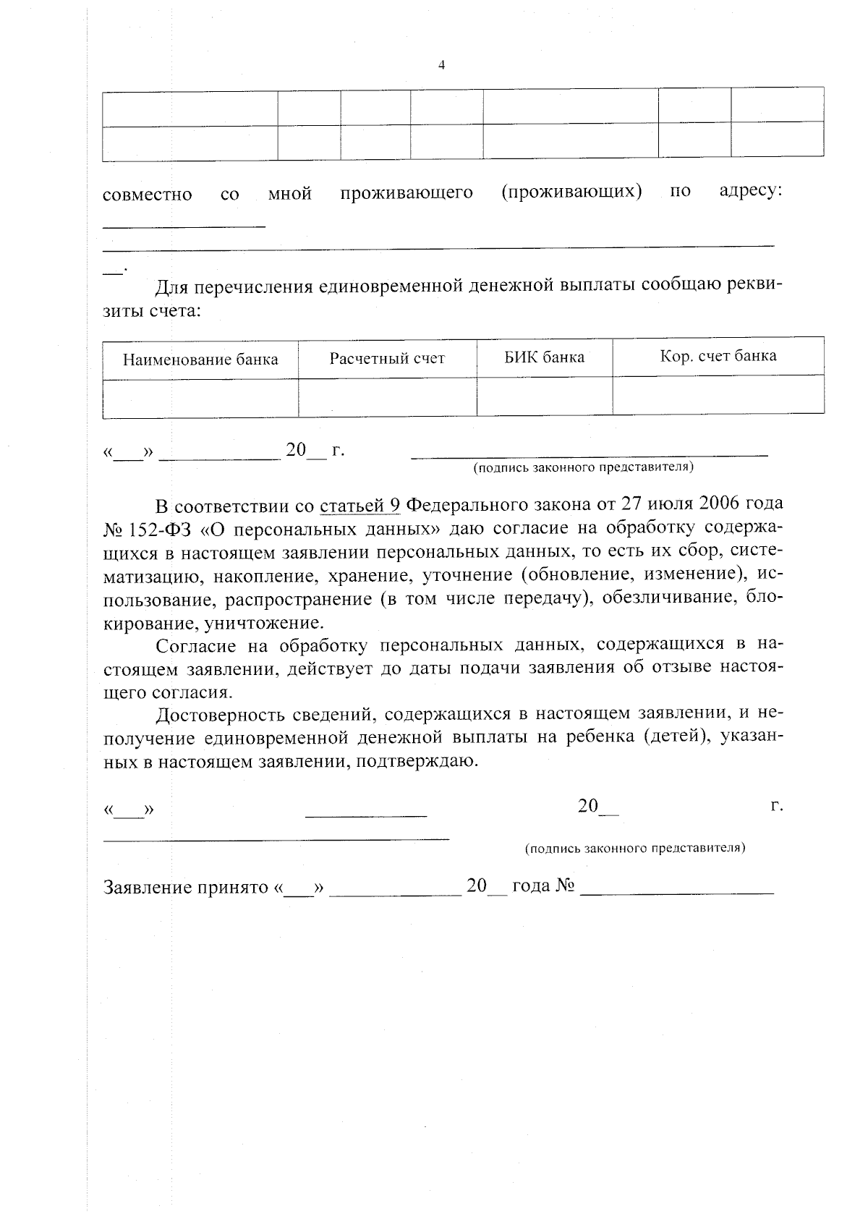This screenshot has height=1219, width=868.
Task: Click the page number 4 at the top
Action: pos(441,65)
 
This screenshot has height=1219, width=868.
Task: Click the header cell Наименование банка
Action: pos(200,360)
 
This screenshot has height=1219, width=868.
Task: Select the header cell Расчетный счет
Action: pos(387,359)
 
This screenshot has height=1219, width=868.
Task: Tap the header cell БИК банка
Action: pos(544,357)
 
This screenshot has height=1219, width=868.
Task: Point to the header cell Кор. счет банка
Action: pos(718,356)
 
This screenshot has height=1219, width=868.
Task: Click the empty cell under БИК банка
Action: pos(544,396)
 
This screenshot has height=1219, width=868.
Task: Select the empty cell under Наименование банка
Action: pos(200,398)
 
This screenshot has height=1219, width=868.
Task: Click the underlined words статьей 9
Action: pos(359,504)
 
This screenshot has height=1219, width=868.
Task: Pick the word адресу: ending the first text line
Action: pos(751,192)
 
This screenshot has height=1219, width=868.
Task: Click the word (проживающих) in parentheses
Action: pos(571,192)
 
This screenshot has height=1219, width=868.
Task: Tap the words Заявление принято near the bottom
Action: pos(186,887)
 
